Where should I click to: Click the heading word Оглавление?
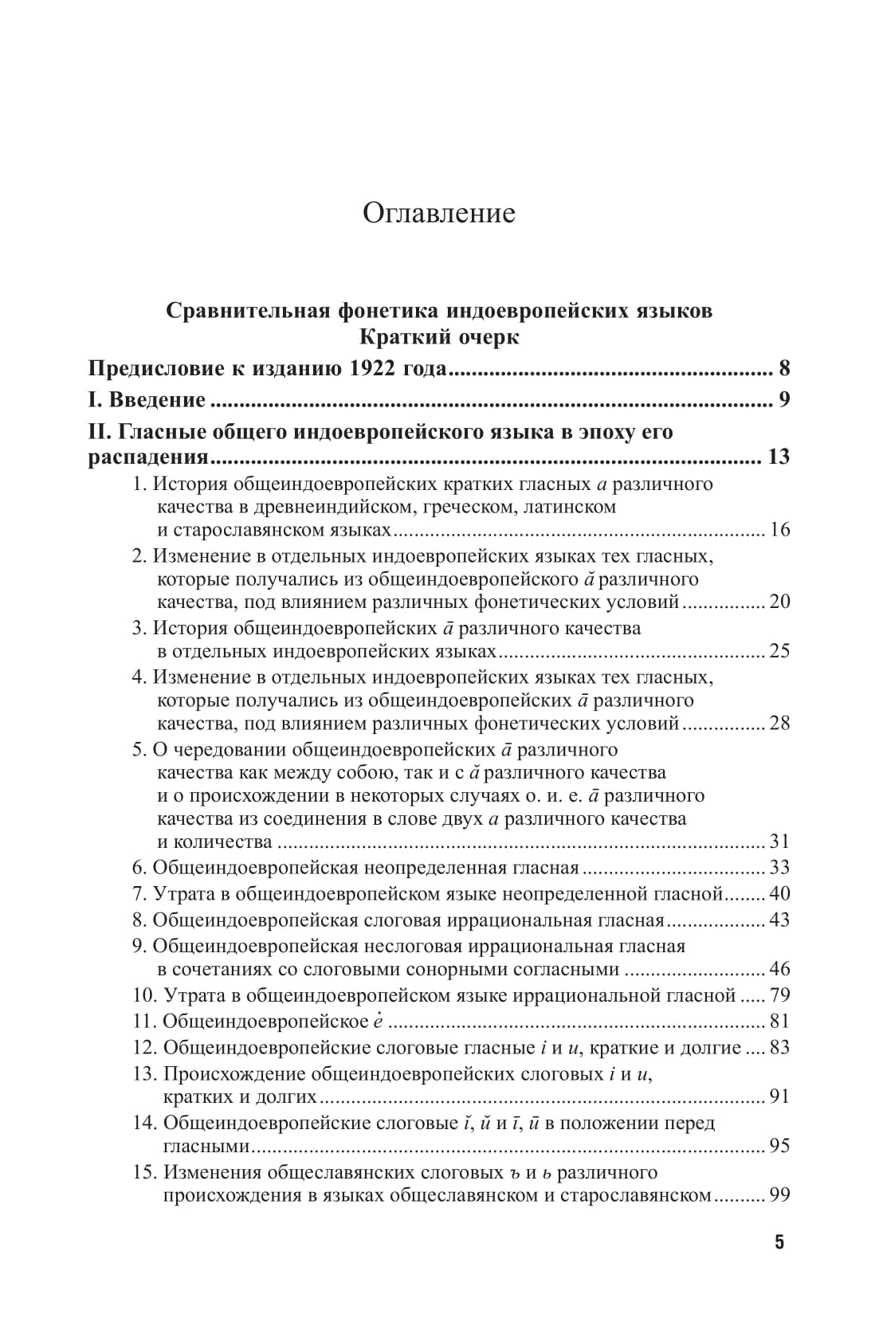439,214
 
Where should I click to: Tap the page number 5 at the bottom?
779,1242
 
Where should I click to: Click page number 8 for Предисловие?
783,369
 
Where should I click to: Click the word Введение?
157,400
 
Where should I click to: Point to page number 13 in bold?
777,457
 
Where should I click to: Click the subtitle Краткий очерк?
439,337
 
